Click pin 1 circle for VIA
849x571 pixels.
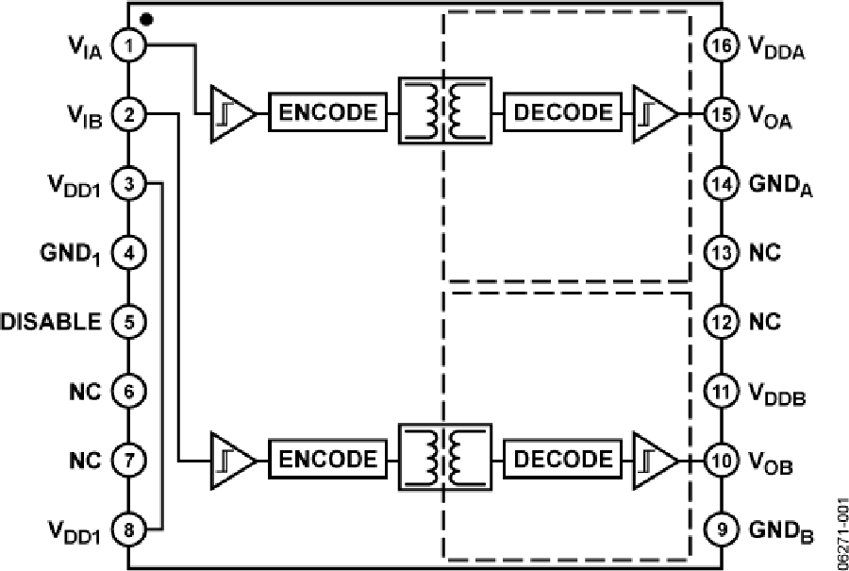(128, 44)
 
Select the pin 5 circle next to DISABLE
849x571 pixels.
(128, 322)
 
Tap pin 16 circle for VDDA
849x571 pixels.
(721, 44)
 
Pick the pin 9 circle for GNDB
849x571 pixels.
(721, 529)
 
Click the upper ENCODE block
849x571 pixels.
(328, 113)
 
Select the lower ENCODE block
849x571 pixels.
(328, 461)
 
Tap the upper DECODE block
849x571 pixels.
(563, 113)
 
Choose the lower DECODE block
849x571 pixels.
(563, 461)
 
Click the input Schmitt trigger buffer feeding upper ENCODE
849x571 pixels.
(230, 113)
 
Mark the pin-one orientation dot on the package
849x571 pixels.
(145, 18)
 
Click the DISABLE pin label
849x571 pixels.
(51, 322)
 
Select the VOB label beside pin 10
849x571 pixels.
(770, 464)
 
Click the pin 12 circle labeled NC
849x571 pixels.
(721, 322)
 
